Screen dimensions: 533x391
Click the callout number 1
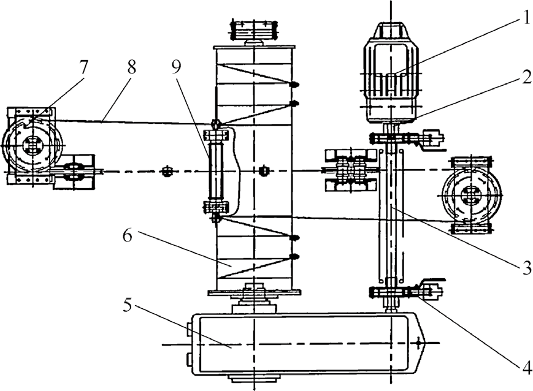pos(526,18)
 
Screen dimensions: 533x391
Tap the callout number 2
pos(526,77)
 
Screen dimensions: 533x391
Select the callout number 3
pos(526,268)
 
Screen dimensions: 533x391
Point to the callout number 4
pos(526,368)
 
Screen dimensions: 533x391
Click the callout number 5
pos(128,305)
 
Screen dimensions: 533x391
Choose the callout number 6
pos(128,236)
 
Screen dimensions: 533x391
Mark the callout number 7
pos(83,67)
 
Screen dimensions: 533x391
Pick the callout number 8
pos(132,67)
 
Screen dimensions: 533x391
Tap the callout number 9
pos(177,67)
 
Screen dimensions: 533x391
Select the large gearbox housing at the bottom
pos(308,344)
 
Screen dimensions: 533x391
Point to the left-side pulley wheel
pos(33,146)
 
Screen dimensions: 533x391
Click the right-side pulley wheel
pos(472,195)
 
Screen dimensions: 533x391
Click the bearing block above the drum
pos(254,31)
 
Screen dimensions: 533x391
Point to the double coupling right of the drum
pos(350,170)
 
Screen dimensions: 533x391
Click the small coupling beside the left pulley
pos(73,172)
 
